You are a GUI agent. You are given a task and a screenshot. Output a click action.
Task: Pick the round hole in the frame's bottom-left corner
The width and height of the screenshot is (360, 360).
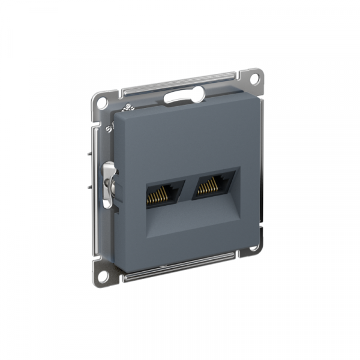[104, 268]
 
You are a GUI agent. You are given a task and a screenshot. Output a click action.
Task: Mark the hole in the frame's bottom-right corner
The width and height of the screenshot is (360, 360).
[254, 247]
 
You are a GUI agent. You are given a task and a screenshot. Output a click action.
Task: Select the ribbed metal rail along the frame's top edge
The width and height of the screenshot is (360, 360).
[180, 82]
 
